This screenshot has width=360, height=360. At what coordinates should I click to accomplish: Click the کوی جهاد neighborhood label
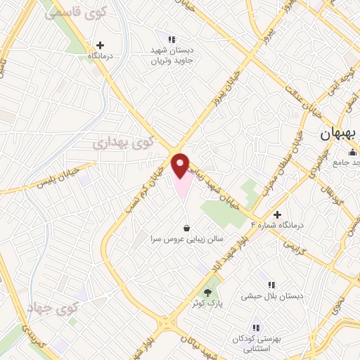(x=53, y=308)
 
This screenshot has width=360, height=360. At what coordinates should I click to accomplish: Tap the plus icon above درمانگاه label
(x=101, y=45)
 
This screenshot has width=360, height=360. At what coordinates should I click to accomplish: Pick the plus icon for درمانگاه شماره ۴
(x=277, y=214)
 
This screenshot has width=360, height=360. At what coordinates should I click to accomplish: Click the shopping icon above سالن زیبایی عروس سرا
(x=186, y=228)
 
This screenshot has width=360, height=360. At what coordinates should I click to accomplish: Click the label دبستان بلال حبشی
(x=272, y=296)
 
